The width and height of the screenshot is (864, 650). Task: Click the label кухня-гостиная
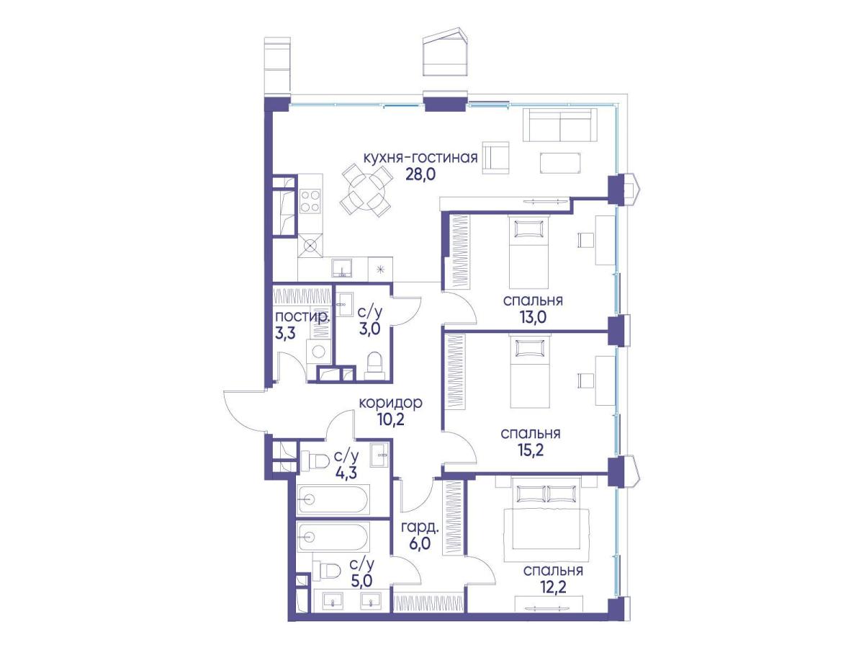(x=420, y=158)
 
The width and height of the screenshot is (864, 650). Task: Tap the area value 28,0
(x=420, y=174)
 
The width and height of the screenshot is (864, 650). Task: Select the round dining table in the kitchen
(x=365, y=190)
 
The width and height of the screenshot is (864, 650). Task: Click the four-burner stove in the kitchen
(x=310, y=201)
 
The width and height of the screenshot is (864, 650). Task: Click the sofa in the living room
(x=559, y=125)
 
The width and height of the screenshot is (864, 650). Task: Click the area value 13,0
(x=533, y=317)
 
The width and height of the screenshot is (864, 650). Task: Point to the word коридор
(x=391, y=403)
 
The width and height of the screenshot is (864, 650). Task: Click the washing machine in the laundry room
(x=318, y=352)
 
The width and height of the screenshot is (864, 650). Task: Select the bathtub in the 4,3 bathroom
(x=333, y=500)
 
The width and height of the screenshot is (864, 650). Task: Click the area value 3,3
(x=285, y=334)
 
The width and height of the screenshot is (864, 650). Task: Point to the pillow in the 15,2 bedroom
(x=529, y=348)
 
